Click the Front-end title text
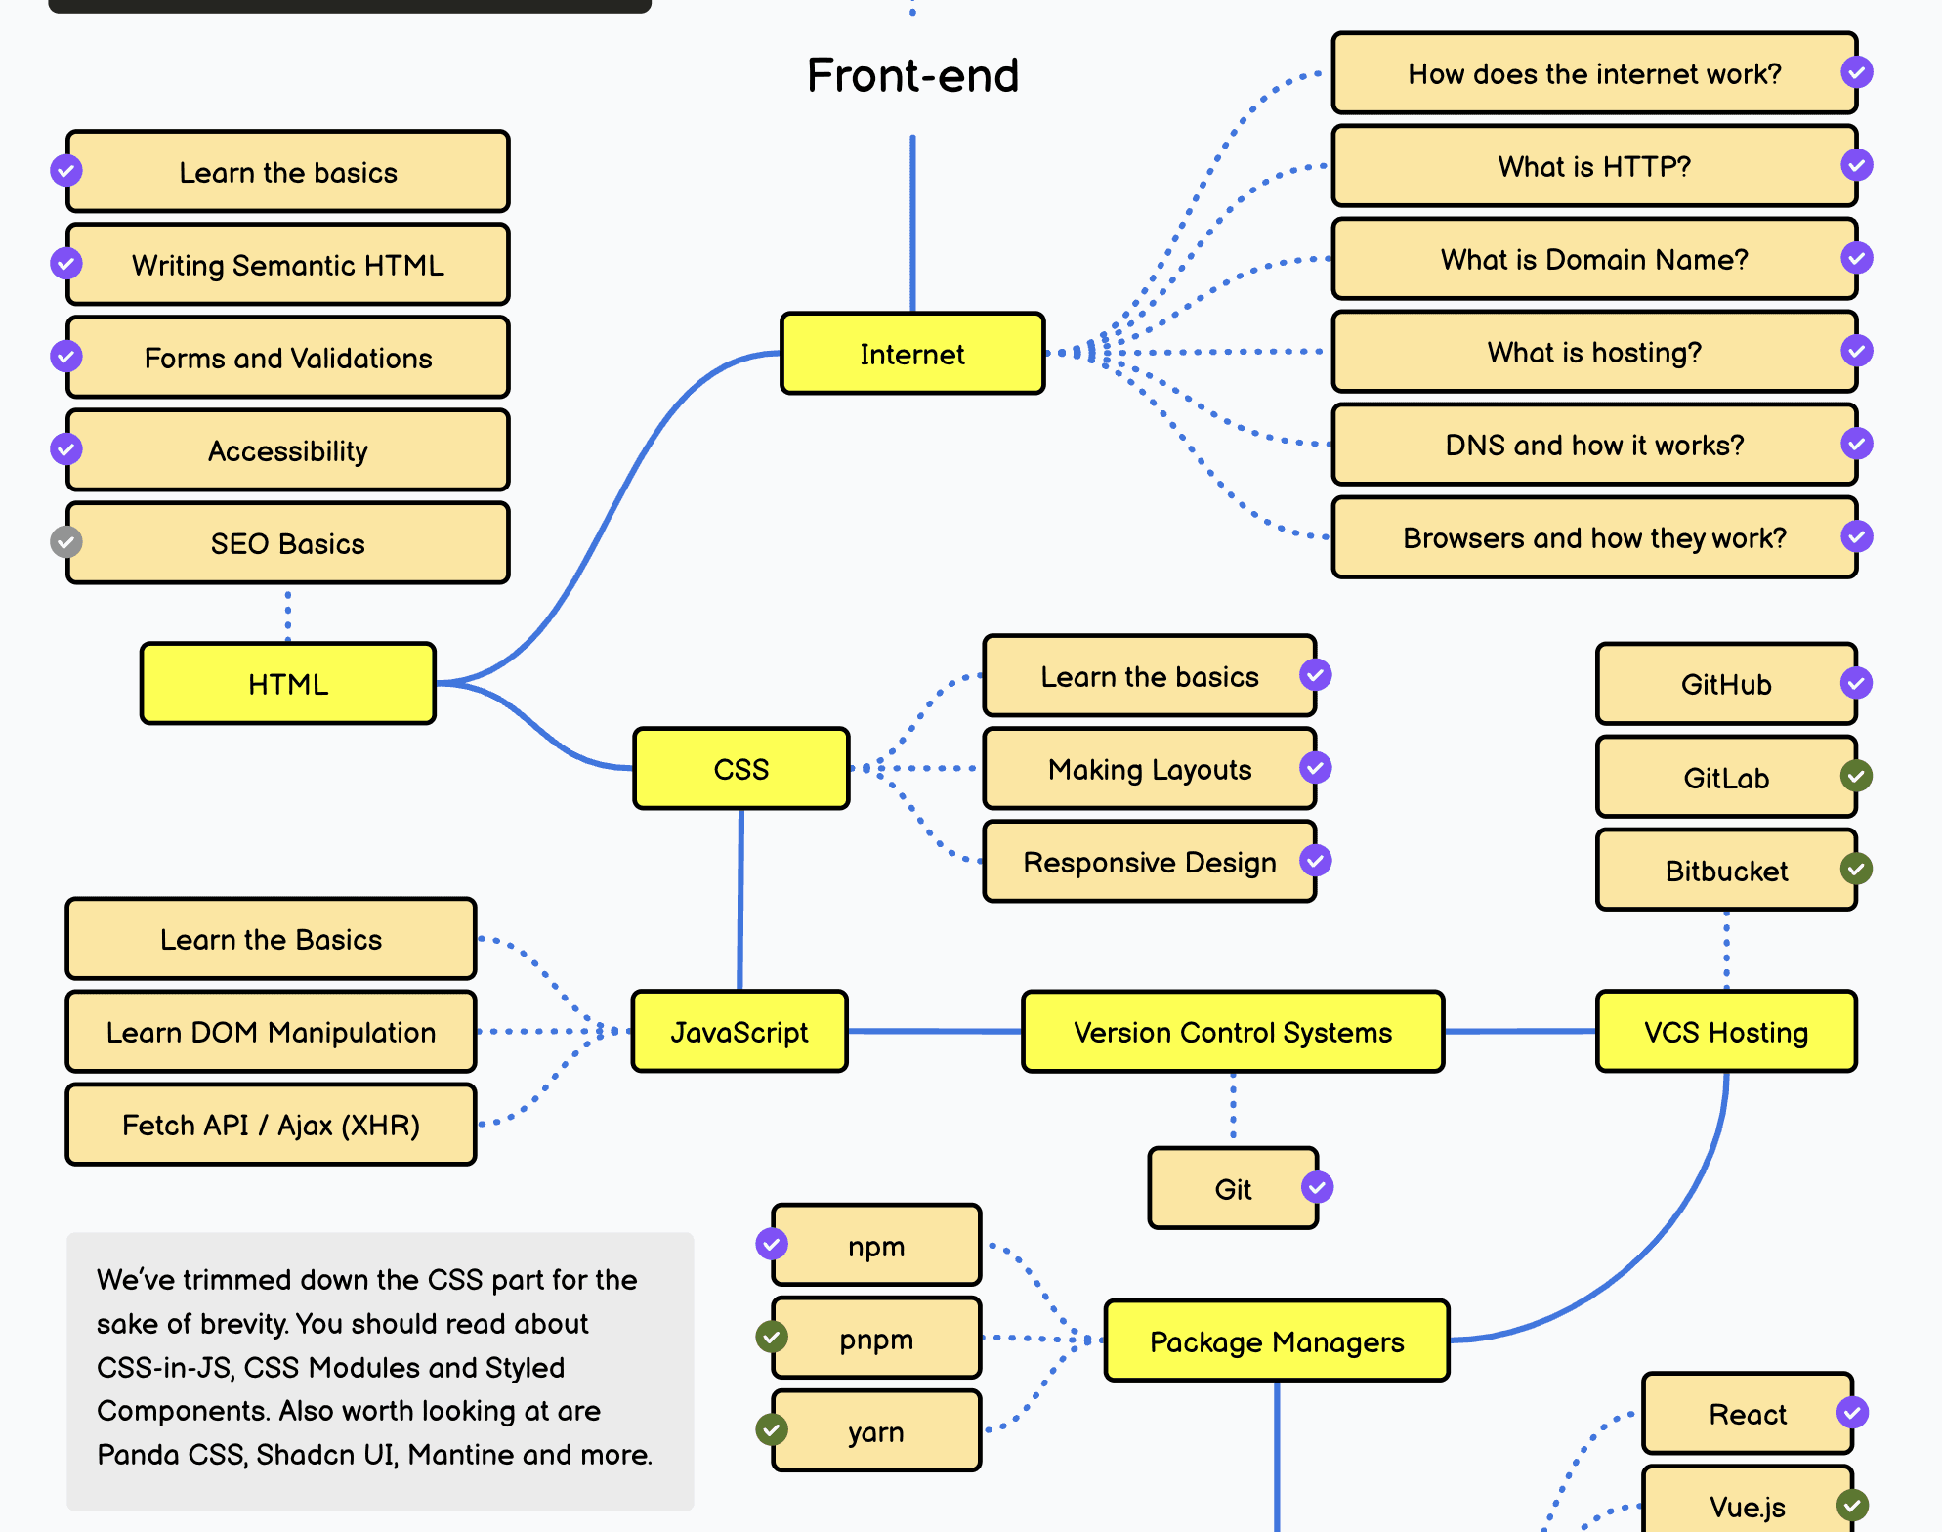(912, 75)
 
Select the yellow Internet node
(912, 354)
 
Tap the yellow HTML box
(288, 684)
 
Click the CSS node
(740, 769)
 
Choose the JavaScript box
(739, 1032)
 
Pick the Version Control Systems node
(1232, 1032)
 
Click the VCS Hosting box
(1725, 1032)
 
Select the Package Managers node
(1276, 1341)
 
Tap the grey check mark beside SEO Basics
(66, 541)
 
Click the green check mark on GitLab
(1856, 776)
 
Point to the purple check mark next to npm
(772, 1244)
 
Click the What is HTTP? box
(1594, 166)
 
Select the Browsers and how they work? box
(1594, 537)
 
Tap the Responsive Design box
(1149, 862)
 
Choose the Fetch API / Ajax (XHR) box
(271, 1125)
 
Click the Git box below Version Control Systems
(1232, 1189)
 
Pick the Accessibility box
(288, 450)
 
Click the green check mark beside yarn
(772, 1429)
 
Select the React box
(1747, 1414)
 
